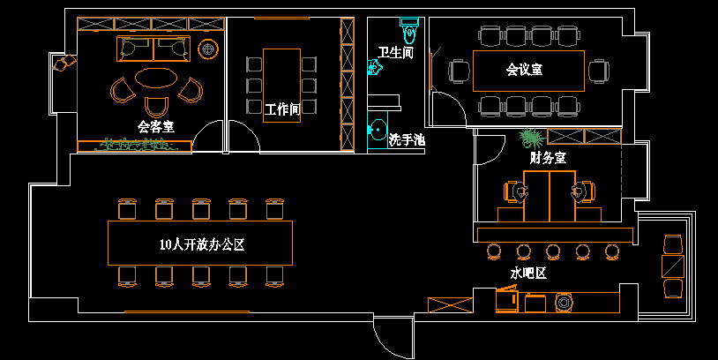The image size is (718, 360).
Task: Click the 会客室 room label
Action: tap(156, 127)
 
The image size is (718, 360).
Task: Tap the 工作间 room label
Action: tap(283, 109)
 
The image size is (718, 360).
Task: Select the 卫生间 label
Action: tap(396, 54)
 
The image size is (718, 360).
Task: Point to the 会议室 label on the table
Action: tap(524, 69)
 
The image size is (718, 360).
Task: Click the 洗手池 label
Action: tap(407, 140)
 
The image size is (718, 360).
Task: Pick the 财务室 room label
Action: tap(548, 158)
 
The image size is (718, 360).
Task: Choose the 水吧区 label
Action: tap(528, 274)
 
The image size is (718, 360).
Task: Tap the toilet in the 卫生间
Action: tap(408, 33)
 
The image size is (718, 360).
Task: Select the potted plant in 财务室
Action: tap(531, 137)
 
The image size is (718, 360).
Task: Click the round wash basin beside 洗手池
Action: tap(378, 129)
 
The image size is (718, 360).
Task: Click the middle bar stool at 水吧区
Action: tap(553, 251)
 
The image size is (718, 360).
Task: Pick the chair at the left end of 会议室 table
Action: tap(458, 71)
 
